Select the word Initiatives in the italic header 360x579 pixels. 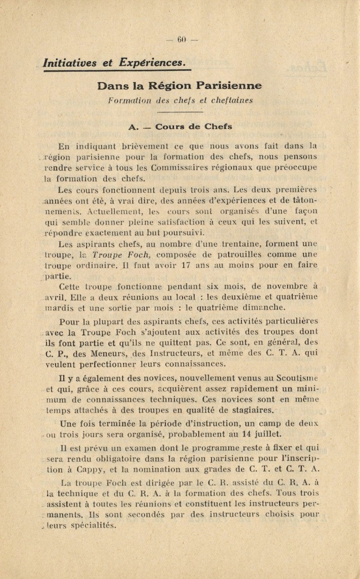click(x=70, y=63)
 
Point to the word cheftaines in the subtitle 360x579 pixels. click(x=228, y=101)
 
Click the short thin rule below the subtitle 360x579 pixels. click(x=180, y=112)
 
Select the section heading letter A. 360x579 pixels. click(x=134, y=127)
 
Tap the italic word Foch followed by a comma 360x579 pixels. click(x=136, y=254)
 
